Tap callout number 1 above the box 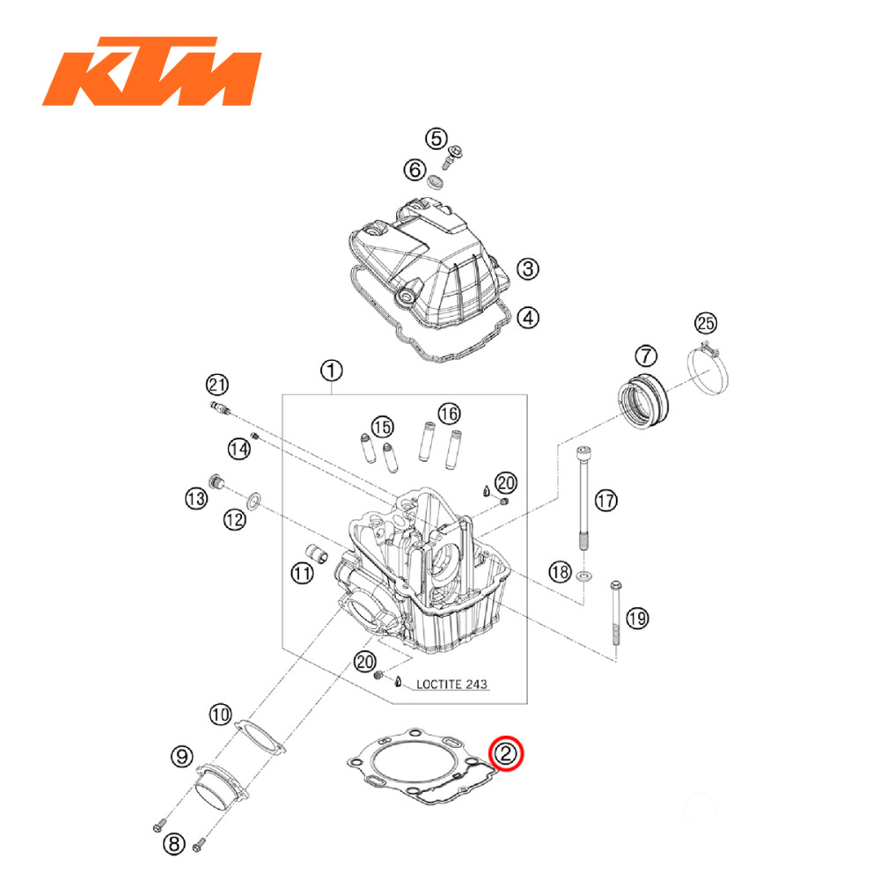pos(330,370)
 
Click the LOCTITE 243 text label pos(451,683)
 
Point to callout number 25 pos(707,322)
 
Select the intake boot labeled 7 pos(644,400)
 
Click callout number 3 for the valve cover pos(526,269)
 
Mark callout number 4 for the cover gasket pos(526,317)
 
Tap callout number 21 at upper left pos(216,384)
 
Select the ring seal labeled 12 pos(252,502)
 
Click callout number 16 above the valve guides pos(448,413)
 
